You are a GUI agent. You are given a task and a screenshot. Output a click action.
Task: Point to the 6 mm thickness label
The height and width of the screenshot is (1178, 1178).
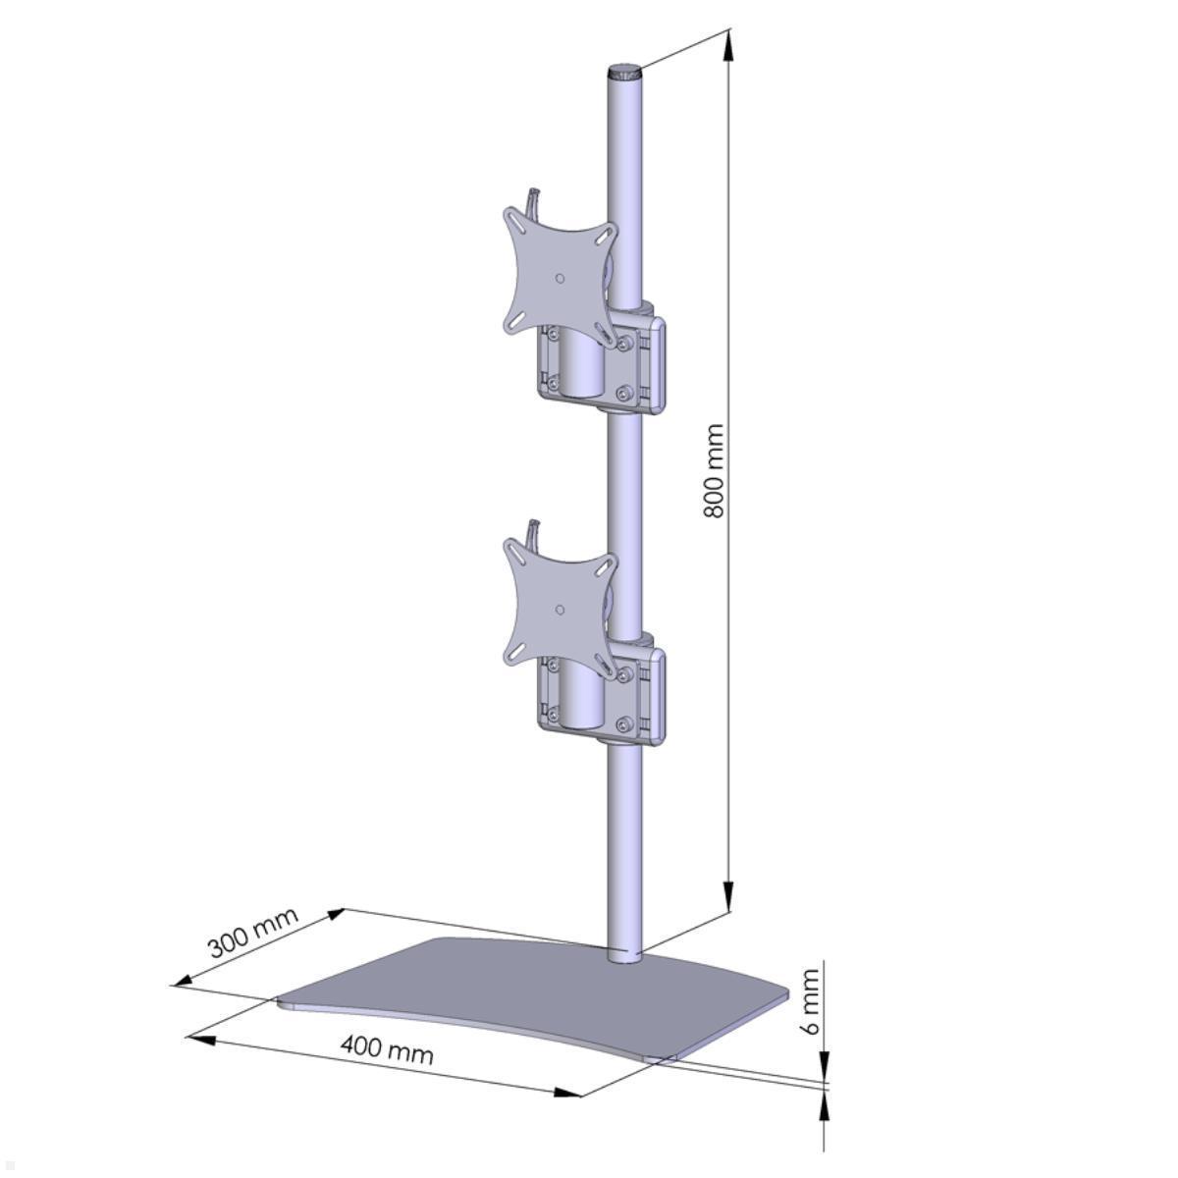tap(809, 1001)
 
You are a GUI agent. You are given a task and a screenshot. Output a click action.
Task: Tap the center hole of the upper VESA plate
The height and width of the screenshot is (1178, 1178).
tap(560, 278)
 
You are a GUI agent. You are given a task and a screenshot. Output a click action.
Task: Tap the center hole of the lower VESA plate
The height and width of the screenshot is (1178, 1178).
tap(560, 610)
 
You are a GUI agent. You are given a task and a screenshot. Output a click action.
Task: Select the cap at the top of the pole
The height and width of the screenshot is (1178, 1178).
tap(623, 72)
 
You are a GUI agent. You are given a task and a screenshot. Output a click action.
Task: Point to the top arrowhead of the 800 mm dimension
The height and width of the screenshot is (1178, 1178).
tap(728, 45)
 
